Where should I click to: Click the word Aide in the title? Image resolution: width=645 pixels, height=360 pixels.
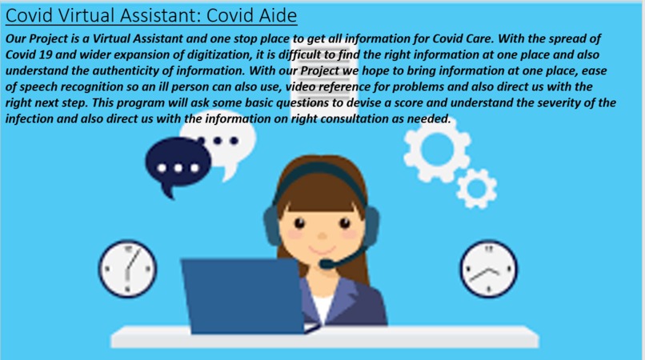tap(270, 15)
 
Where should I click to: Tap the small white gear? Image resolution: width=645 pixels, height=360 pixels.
tap(477, 189)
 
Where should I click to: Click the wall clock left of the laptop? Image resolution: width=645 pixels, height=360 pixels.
tap(128, 267)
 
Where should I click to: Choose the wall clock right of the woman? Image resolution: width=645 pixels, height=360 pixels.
tap(489, 268)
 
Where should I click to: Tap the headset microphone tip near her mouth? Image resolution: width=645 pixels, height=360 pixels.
tap(324, 263)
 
